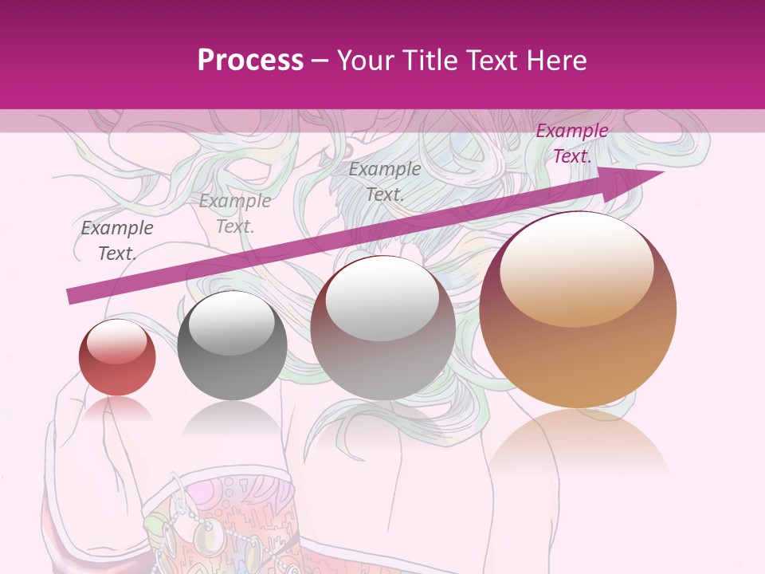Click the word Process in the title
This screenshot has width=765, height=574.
click(x=250, y=61)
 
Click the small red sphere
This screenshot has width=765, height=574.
click(x=117, y=359)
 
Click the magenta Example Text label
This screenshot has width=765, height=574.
click(x=571, y=143)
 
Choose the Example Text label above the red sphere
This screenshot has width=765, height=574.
click(x=117, y=241)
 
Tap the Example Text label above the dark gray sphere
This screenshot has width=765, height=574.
click(x=235, y=214)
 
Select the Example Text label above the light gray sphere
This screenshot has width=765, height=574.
click(x=385, y=182)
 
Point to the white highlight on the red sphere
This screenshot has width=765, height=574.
click(x=117, y=341)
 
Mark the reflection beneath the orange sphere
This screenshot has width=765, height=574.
click(x=578, y=446)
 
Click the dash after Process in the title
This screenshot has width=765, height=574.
click(x=320, y=61)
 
